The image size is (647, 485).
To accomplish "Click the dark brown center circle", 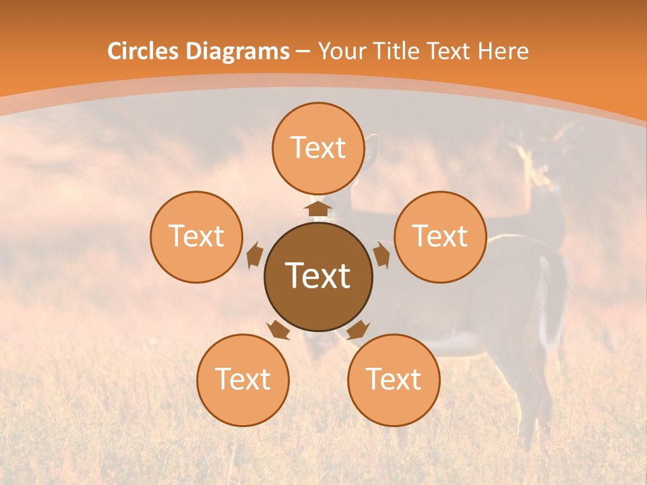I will tap(317, 276).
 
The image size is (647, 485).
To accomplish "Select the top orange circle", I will tap(318, 148).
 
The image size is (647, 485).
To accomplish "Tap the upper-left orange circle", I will tap(196, 236).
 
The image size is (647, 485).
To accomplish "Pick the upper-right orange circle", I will tap(440, 236).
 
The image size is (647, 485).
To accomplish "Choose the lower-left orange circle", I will tap(243, 380).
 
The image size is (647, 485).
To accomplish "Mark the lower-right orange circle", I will tap(394, 380).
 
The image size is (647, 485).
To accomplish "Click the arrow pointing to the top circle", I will tap(318, 207).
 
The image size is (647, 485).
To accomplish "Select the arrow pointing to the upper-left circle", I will tap(255, 255).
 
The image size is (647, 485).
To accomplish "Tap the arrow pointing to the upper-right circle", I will tap(381, 255).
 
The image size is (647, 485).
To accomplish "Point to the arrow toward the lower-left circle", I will tap(278, 329).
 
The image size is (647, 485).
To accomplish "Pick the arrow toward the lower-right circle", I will tap(358, 329).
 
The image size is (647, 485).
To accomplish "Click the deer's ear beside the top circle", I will tap(371, 152).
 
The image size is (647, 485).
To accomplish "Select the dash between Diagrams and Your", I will tap(303, 52).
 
